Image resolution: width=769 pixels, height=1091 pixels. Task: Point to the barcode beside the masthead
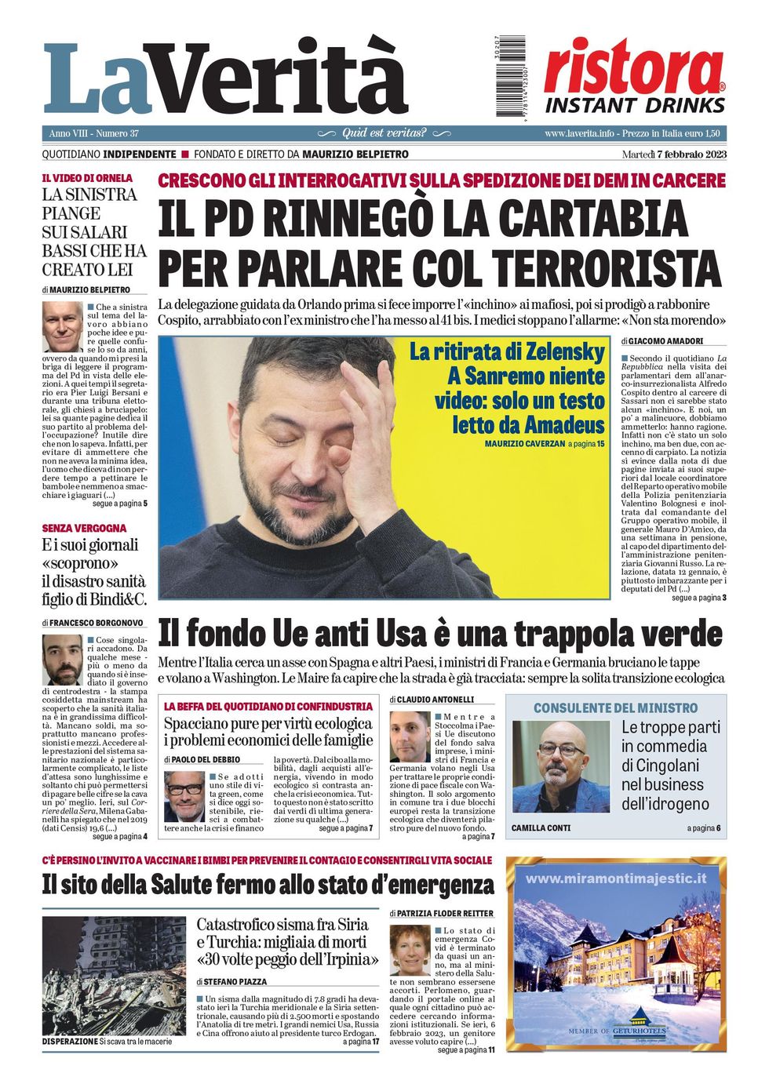(x=512, y=77)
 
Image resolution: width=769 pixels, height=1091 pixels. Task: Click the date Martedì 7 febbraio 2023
(x=674, y=155)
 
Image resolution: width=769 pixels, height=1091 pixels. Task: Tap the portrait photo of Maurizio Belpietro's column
(x=63, y=327)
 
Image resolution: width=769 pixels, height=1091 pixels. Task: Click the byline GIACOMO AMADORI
(x=666, y=341)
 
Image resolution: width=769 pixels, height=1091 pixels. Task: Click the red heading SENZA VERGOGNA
(x=84, y=528)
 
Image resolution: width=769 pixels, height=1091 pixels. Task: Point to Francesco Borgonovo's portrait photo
(x=63, y=660)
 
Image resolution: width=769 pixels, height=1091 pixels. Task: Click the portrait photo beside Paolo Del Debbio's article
(x=184, y=795)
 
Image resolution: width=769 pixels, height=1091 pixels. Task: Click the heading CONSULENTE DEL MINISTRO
(x=615, y=707)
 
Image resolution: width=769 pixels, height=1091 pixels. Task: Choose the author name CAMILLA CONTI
(x=541, y=827)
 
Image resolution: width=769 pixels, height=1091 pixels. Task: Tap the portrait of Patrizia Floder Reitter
(x=410, y=950)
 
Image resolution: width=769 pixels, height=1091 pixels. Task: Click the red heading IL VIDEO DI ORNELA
(x=87, y=178)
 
